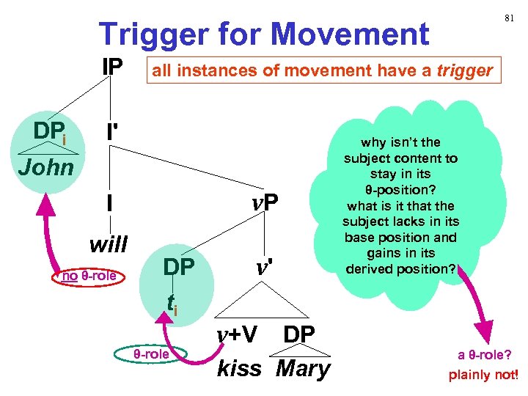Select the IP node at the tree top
(x=112, y=67)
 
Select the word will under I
(x=108, y=242)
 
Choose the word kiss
(x=239, y=368)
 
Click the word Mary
(x=303, y=368)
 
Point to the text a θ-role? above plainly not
(x=483, y=356)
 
